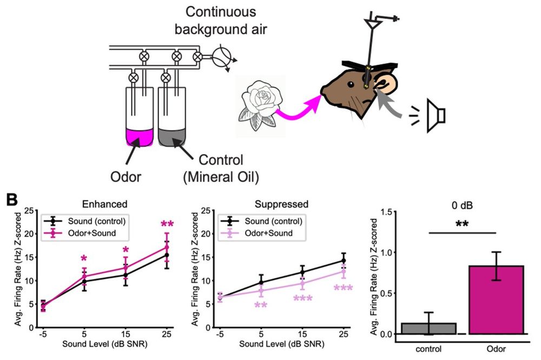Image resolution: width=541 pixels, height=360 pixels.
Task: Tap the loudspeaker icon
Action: point(436,115)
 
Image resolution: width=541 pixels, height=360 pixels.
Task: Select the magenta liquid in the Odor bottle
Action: point(140,137)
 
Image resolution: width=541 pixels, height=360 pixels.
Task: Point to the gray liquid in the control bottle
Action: point(172,137)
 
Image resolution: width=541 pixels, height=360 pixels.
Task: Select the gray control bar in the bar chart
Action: point(428,328)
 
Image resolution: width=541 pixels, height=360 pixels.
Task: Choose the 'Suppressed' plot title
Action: point(282,205)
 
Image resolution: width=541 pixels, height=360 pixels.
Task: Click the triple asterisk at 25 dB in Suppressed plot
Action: point(342,289)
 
